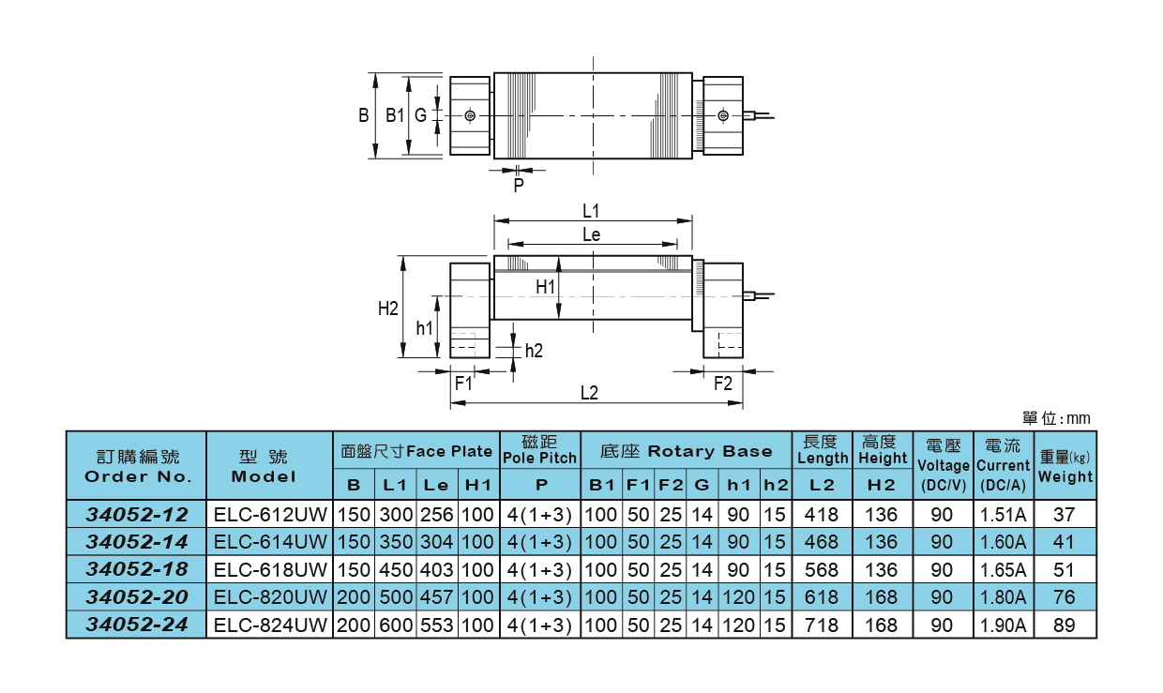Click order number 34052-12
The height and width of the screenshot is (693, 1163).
pos(137,515)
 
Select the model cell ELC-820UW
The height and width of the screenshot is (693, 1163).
pos(270,597)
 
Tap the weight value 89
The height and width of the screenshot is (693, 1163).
pos(1065,625)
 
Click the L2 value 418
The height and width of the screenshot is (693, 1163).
pos(822,515)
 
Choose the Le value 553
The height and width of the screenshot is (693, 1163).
pos(436,625)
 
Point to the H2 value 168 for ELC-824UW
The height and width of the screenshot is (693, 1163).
pos(882,625)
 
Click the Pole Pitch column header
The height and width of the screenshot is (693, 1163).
pos(539,450)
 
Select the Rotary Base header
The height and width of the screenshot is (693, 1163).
pos(686,451)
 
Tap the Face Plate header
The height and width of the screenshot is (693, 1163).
pos(416,451)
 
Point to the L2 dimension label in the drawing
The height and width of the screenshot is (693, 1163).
pos(589,394)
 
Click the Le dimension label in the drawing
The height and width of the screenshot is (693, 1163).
pos(591,235)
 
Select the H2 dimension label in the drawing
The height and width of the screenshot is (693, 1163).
pos(388,308)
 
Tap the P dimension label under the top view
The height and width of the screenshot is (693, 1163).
pos(519,185)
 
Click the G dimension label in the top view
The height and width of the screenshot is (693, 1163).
pos(420,115)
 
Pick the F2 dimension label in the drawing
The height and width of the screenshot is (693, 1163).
pos(722,384)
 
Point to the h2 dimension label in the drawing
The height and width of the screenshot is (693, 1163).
pos(534,351)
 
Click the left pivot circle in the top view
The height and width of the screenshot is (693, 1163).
pos(470,115)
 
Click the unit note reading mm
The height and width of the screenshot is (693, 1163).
pos(1056,418)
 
